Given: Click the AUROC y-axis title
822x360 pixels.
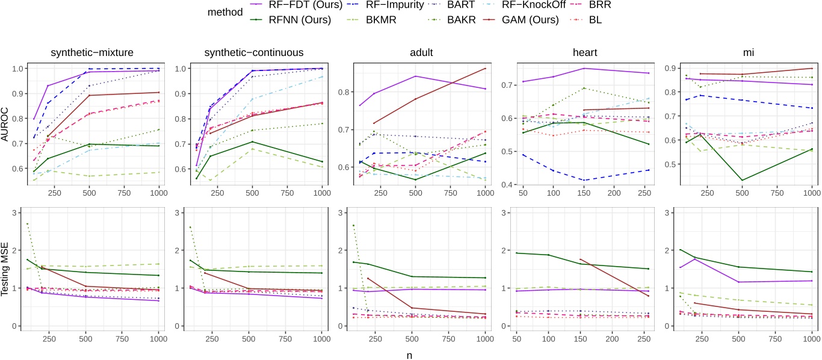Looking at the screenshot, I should click(x=6, y=126).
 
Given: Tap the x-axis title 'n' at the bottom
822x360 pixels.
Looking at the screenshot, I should click(x=411, y=355).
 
